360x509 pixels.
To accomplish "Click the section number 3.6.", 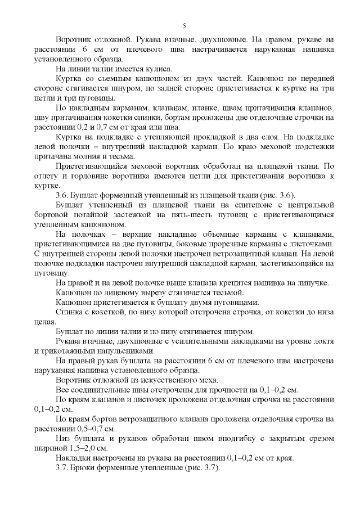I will pyautogui.click(x=62, y=195).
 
